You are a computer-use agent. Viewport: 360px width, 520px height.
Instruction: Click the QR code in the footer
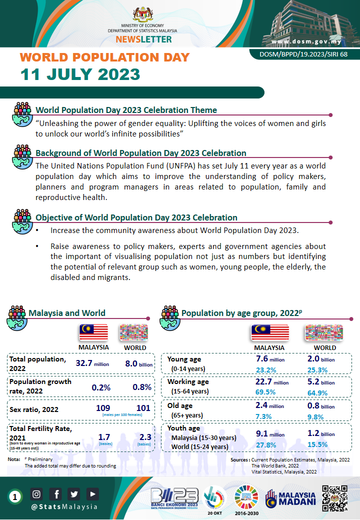[334, 498]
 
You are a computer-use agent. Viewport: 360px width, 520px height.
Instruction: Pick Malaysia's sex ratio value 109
[103, 408]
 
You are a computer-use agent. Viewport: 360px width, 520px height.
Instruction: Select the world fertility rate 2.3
[143, 437]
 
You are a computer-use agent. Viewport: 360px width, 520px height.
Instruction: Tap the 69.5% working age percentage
[265, 392]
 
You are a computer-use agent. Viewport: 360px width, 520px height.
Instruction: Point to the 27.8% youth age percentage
[265, 444]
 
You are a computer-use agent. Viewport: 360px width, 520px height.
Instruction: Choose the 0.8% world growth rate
[142, 387]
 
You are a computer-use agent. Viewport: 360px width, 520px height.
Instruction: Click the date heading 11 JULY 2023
[80, 74]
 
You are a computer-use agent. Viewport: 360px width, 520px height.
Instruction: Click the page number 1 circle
[15, 496]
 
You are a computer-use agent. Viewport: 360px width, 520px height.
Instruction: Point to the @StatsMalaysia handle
[64, 506]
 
